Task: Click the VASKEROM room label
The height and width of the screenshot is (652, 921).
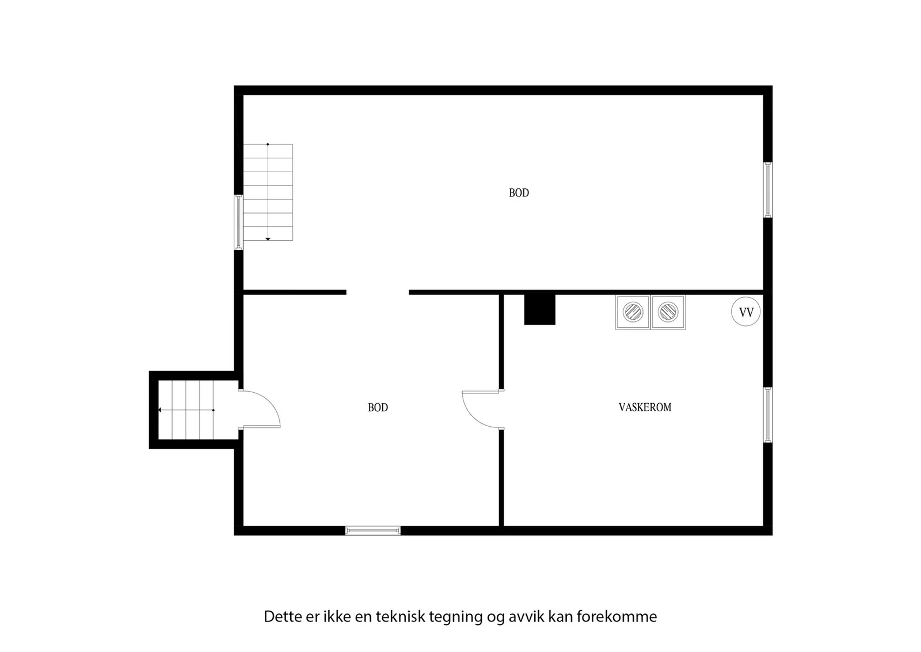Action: point(645,407)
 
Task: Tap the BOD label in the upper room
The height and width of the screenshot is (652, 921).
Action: point(519,193)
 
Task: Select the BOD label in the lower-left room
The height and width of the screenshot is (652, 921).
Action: point(378,407)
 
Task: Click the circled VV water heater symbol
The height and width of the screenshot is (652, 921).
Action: point(746,312)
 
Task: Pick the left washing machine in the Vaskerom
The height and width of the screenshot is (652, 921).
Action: point(633,312)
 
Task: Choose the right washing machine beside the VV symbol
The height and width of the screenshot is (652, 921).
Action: point(668,312)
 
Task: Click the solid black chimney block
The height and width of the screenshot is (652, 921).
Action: point(539,310)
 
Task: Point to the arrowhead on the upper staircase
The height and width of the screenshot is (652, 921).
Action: point(268,239)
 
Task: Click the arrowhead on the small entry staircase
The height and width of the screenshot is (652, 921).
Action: point(160,410)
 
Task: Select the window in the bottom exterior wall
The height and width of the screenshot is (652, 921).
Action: point(373,530)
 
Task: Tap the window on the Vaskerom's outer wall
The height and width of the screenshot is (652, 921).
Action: point(768,415)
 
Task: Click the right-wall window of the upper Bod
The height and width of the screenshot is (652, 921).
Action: point(768,189)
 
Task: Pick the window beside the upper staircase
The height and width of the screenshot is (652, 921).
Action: point(238,222)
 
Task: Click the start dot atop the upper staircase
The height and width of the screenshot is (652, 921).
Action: point(268,145)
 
